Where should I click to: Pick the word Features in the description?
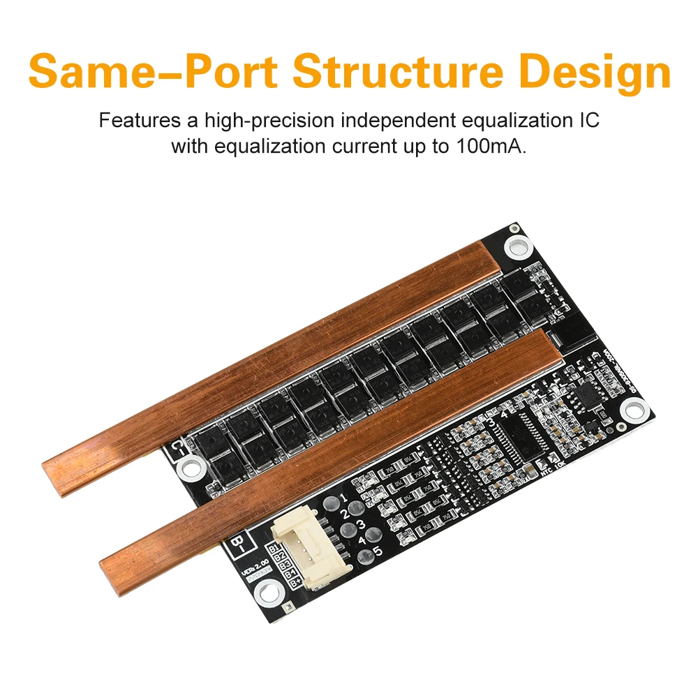pyautogui.click(x=138, y=120)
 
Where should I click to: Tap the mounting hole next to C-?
pyautogui.click(x=190, y=467)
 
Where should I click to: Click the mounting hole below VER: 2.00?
pyautogui.click(x=265, y=594)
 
